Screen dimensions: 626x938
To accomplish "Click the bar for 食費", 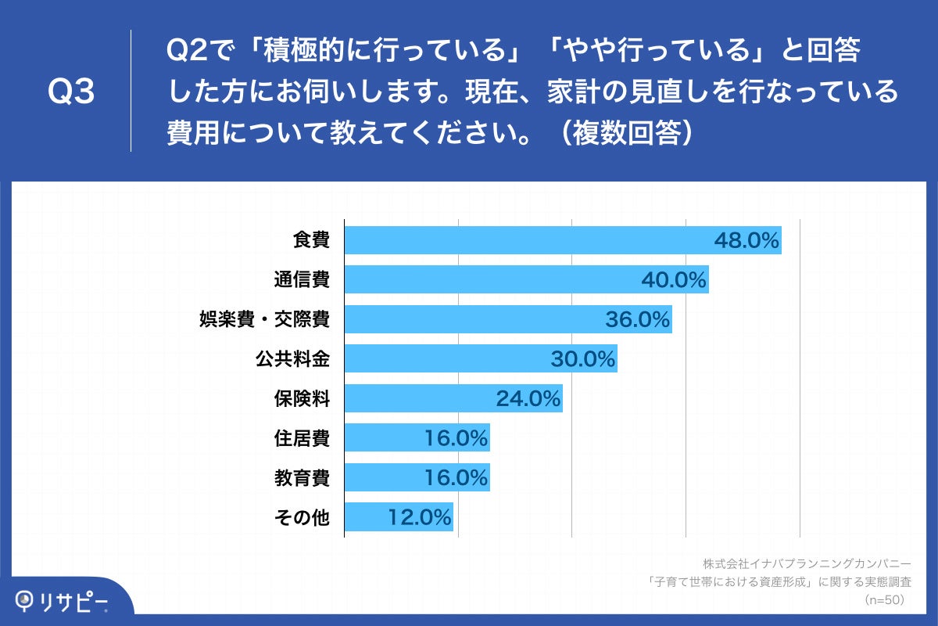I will tap(563, 240).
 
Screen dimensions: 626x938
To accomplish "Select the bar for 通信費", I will tap(526, 280).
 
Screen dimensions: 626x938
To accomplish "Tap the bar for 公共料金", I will tap(481, 359).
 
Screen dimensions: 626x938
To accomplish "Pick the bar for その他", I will tap(399, 517).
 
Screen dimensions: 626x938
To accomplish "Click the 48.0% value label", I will tap(746, 241).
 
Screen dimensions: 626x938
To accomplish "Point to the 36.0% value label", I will tap(638, 319).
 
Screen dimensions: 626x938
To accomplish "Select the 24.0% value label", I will tap(528, 399).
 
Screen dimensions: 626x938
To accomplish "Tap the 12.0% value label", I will tap(420, 517).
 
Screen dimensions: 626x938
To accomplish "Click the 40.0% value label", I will tap(674, 280).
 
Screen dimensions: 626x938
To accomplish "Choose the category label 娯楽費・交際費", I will tap(265, 319).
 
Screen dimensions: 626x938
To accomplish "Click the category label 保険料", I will tap(301, 399).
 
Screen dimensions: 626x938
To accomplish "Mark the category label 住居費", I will tap(301, 438).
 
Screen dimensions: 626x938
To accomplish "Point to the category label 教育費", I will tap(301, 477).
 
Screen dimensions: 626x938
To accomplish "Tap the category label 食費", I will tap(311, 240).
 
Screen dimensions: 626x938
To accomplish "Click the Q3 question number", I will tap(71, 92).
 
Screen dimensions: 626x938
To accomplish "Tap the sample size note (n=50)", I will tap(884, 600).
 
